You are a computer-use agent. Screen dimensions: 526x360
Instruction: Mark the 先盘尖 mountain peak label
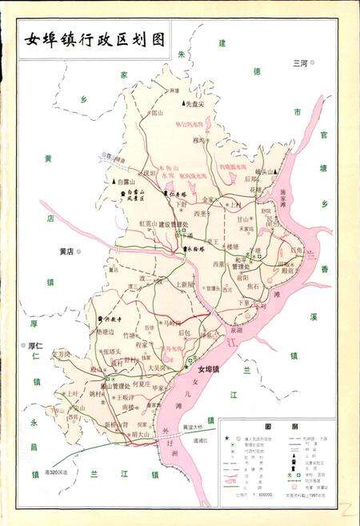tap(195, 104)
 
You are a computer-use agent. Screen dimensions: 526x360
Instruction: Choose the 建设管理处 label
tap(174, 225)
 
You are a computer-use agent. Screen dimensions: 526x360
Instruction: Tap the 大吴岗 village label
tap(157, 367)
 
